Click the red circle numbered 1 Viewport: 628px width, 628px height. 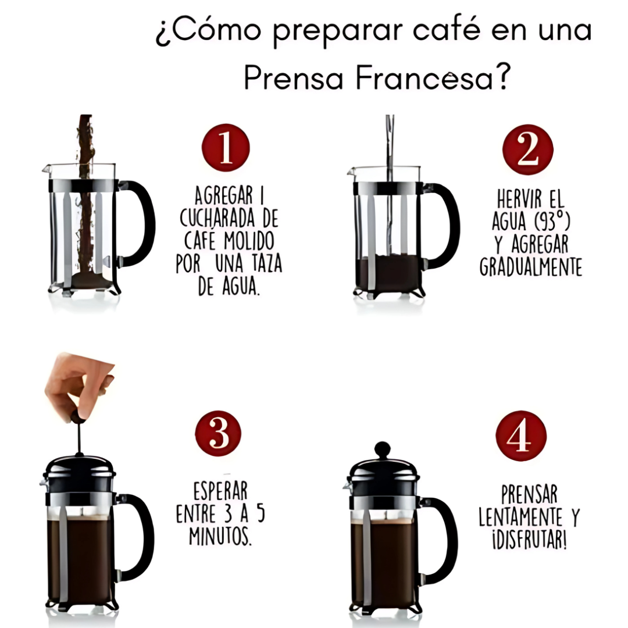click(x=226, y=148)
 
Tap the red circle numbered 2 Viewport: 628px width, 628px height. click(x=528, y=149)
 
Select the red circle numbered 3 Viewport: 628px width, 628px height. click(x=218, y=434)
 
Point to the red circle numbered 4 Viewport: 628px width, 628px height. click(x=521, y=436)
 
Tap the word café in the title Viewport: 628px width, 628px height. click(x=446, y=30)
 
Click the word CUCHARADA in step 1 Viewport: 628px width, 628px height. click(x=217, y=219)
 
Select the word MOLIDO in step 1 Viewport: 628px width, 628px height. click(x=249, y=241)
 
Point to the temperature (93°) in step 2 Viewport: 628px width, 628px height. click(x=548, y=222)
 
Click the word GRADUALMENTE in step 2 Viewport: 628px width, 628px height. click(x=531, y=266)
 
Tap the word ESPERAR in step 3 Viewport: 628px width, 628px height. click(x=220, y=491)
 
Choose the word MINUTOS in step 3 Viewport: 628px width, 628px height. click(x=220, y=536)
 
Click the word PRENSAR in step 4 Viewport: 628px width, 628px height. click(x=530, y=494)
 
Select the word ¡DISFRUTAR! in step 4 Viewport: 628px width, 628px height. click(x=529, y=540)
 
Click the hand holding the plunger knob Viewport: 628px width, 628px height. click(x=78, y=387)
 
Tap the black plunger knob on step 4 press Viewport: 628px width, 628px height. click(x=382, y=449)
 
